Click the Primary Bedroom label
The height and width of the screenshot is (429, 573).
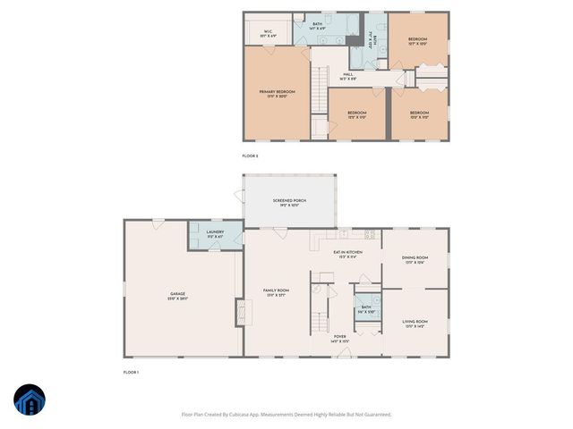coord(278,94)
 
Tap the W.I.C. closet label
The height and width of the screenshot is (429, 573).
coord(268,33)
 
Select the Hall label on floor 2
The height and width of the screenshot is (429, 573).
coord(347,77)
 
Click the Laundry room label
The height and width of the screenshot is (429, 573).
coord(215,234)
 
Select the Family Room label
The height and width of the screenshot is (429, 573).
coord(276,292)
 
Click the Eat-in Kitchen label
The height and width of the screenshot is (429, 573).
coord(347,255)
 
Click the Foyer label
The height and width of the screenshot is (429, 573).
coord(340,340)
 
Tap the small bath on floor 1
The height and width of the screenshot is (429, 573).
coord(365,309)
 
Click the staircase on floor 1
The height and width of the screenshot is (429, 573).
coord(319,322)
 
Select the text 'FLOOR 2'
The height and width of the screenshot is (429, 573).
coord(250,156)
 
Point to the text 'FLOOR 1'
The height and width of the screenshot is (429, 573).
coord(132,372)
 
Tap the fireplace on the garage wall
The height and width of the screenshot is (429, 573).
coord(239,313)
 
